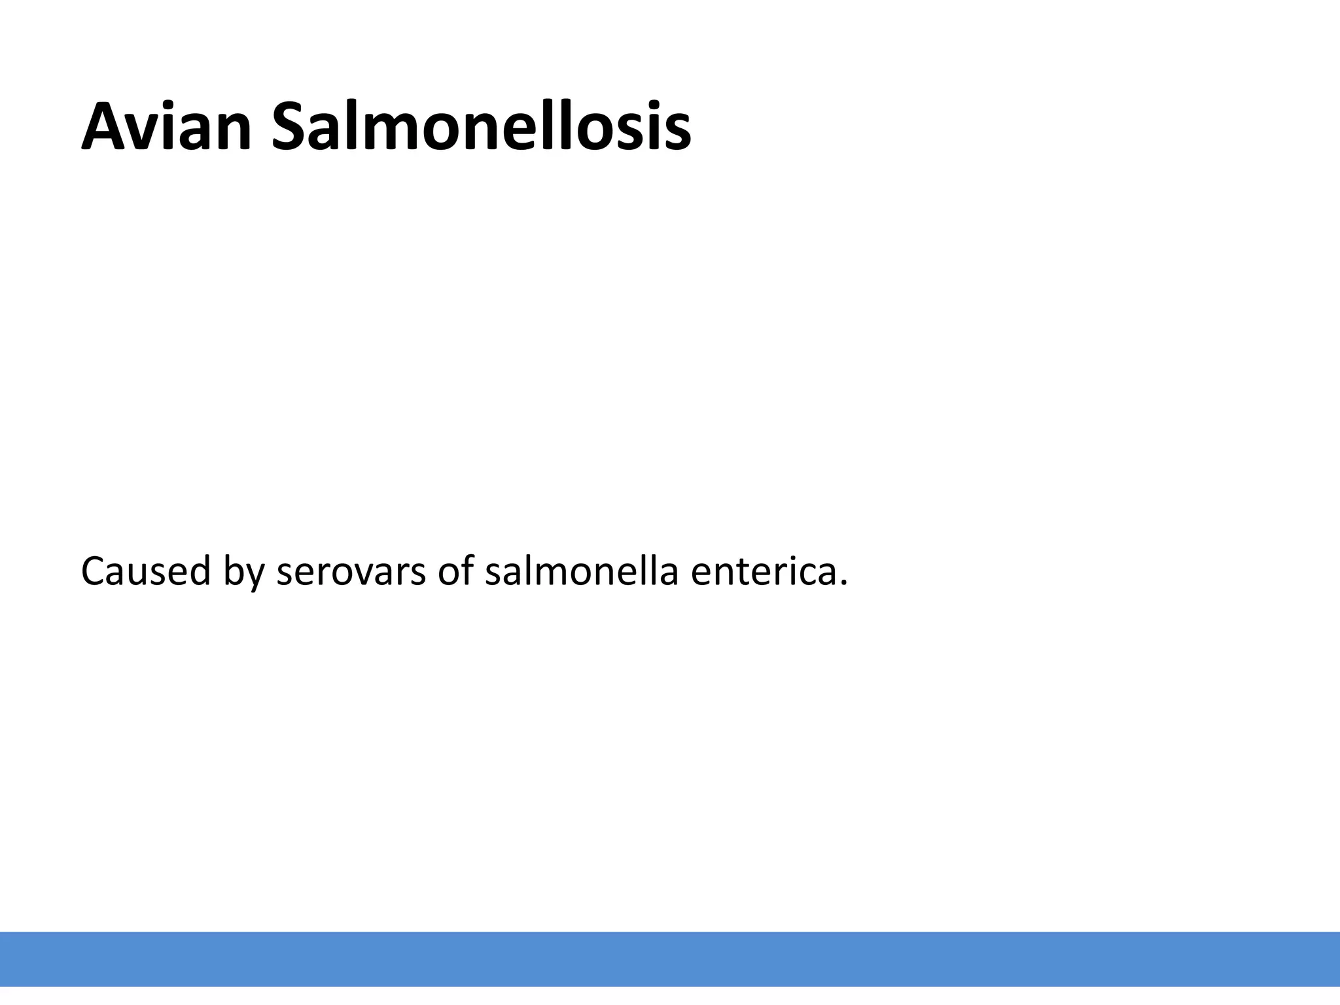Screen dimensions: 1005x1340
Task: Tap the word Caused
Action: (145, 571)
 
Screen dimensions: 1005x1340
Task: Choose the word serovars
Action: (351, 572)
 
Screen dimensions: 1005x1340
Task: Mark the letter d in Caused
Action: (198, 571)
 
